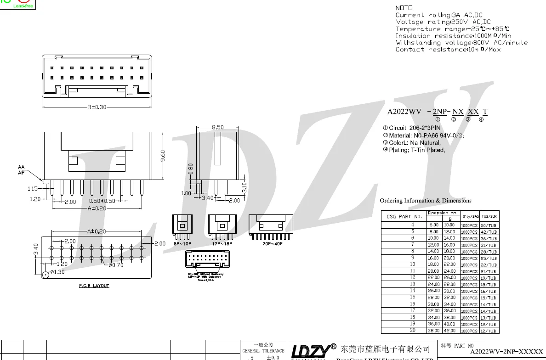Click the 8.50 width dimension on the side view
pyautogui.click(x=217, y=127)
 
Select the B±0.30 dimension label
pyautogui.click(x=97, y=107)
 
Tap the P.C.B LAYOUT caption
pyautogui.click(x=94, y=286)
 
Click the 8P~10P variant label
pyautogui.click(x=182, y=244)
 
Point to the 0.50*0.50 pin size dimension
pyautogui.click(x=102, y=201)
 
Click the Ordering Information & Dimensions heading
pyautogui.click(x=425, y=201)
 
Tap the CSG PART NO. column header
pyautogui.click(x=404, y=216)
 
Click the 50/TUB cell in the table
pyautogui.click(x=489, y=225)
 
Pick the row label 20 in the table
pyautogui.click(x=413, y=330)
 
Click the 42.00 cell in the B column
pyautogui.click(x=449, y=331)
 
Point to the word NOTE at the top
pyautogui.click(x=404, y=8)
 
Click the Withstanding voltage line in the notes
pyautogui.click(x=461, y=43)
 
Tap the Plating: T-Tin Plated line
pyautogui.click(x=416, y=150)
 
